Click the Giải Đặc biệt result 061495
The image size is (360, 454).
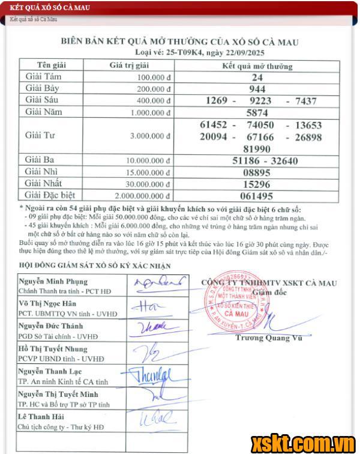pos(257,196)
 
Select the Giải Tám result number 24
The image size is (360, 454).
pos(257,77)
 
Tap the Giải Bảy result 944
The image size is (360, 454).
pos(257,89)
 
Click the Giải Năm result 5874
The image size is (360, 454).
pos(257,112)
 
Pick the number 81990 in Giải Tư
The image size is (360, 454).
pos(257,148)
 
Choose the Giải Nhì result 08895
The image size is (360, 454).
pos(257,172)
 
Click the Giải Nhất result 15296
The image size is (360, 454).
pos(257,184)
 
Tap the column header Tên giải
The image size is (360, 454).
pos(52,65)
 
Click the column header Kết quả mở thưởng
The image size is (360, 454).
pos(257,65)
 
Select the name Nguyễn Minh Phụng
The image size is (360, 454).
pos(53,281)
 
